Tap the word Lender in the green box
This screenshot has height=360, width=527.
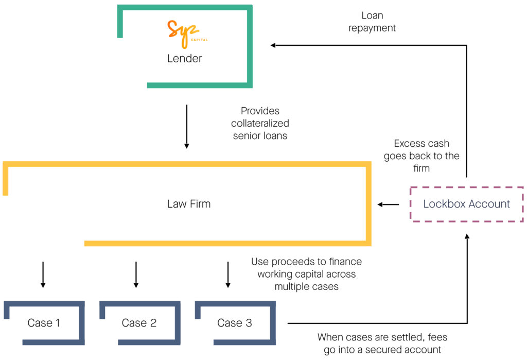point(184,59)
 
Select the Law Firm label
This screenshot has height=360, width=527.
point(189,204)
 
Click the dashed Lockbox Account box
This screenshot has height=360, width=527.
point(466,204)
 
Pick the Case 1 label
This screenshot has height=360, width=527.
point(44,323)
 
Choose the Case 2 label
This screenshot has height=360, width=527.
point(139,323)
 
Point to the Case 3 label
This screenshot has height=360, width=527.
point(235,323)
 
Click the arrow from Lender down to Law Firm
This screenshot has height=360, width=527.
point(186,127)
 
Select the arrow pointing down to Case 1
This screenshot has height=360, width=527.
point(43,275)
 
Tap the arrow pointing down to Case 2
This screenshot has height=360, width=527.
point(136,275)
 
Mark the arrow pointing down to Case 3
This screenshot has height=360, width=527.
point(228,275)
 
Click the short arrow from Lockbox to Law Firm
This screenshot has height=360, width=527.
point(388,204)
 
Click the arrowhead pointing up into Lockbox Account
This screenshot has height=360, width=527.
point(467,236)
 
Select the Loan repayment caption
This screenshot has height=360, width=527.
point(372,22)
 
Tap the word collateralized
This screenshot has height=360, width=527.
point(260,124)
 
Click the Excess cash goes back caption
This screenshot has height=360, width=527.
point(421,156)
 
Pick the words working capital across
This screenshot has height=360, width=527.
point(307,274)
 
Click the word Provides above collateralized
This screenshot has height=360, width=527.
point(260,111)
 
